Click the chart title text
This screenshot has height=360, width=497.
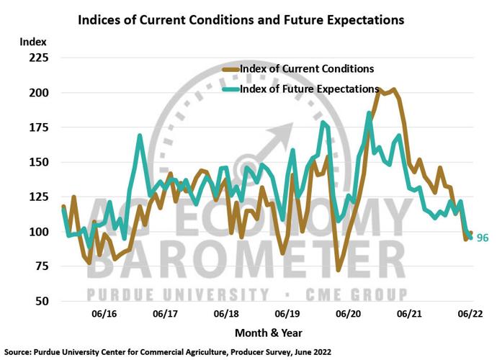[241, 19]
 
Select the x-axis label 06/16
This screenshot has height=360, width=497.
[104, 314]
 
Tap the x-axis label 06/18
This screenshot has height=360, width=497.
[226, 314]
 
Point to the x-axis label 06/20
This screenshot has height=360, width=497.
[348, 314]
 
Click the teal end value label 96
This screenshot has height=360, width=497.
[483, 238]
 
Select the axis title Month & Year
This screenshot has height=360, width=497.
[268, 333]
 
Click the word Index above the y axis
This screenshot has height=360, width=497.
[33, 42]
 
